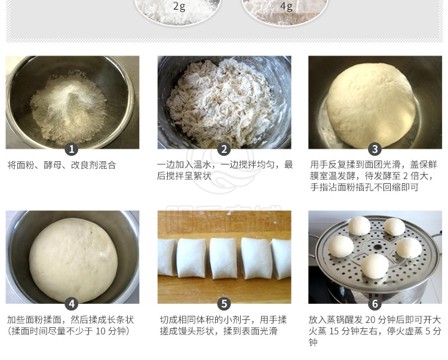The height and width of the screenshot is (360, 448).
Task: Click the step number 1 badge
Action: [72, 149]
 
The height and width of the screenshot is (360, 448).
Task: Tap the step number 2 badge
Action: [224, 149]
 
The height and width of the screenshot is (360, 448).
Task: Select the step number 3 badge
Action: [375, 149]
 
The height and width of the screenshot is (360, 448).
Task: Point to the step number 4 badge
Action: [72, 304]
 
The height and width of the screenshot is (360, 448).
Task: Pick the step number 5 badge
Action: [224, 304]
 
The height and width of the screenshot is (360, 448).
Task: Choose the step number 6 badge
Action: [375, 304]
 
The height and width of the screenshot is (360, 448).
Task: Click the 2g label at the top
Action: [179, 7]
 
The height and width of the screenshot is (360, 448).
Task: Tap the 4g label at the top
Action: [286, 7]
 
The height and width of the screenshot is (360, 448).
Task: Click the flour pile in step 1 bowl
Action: [69, 109]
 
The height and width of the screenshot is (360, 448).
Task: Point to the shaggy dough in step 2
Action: [219, 103]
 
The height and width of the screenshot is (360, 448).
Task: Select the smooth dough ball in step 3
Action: [371, 105]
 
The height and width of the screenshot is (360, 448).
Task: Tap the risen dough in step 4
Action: [73, 260]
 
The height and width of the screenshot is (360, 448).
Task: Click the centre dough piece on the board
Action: [223, 258]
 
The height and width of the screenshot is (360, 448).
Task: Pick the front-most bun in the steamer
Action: [375, 266]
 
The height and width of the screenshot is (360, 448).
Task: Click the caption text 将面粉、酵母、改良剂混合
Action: [62, 165]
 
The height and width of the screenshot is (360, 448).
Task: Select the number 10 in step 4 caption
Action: [101, 331]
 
